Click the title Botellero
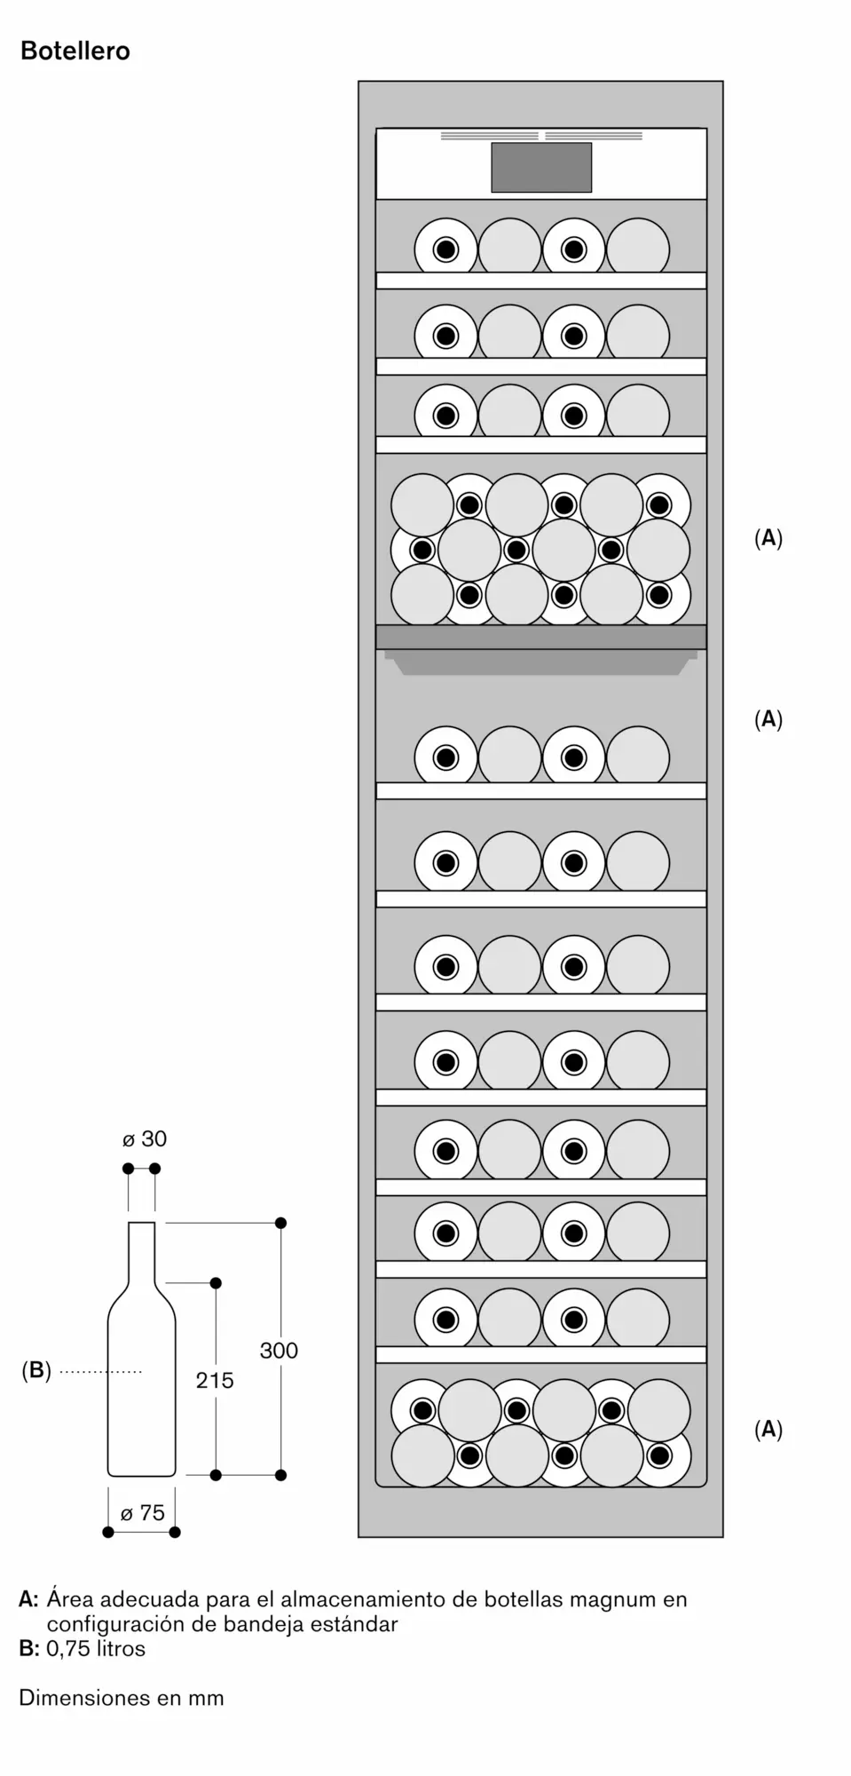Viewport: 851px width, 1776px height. pyautogui.click(x=75, y=52)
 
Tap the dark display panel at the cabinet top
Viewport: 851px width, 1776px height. pyautogui.click(x=541, y=167)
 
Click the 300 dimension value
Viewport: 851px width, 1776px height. pyautogui.click(x=279, y=1351)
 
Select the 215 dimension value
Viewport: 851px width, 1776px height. pyautogui.click(x=215, y=1380)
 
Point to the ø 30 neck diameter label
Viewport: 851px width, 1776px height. pyautogui.click(x=145, y=1138)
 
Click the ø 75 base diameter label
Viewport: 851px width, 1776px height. pyautogui.click(x=143, y=1513)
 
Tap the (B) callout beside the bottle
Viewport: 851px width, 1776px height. pyautogui.click(x=36, y=1370)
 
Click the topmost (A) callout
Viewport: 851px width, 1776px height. pyautogui.click(x=768, y=537)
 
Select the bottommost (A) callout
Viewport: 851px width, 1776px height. pyautogui.click(x=768, y=1429)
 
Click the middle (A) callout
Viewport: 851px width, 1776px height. pyautogui.click(x=768, y=718)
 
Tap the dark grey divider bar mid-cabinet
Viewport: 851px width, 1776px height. pyautogui.click(x=541, y=637)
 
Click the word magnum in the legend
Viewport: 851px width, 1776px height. pyautogui.click(x=608, y=1599)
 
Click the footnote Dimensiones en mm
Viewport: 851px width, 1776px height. pyautogui.click(x=122, y=1697)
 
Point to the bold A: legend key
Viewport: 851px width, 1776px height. pyautogui.click(x=28, y=1599)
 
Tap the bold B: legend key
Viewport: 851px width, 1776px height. pyautogui.click(x=28, y=1648)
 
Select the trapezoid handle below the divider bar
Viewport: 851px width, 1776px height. pyautogui.click(x=541, y=662)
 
